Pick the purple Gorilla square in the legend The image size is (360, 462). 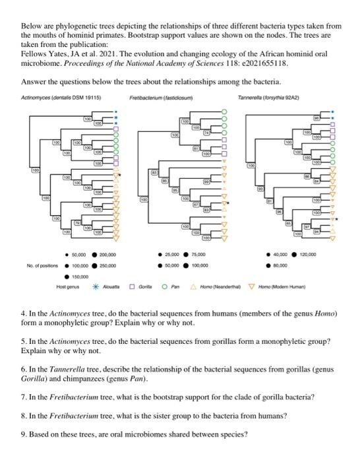click(133, 287)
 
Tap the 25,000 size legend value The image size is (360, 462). click(173, 254)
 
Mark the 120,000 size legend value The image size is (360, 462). click(308, 254)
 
